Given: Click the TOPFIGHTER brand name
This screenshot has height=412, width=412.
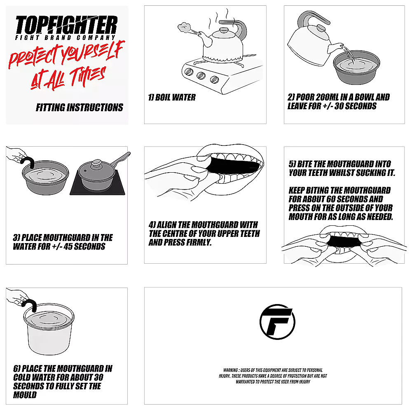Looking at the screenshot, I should pos(66,26).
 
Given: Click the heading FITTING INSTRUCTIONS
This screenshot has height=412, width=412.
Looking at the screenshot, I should pos(79,108).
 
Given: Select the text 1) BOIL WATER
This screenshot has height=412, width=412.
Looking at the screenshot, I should pos(172,98).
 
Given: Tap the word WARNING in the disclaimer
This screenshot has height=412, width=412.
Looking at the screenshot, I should pos(230,371).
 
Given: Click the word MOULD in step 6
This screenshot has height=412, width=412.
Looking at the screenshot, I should pos(25,395).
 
